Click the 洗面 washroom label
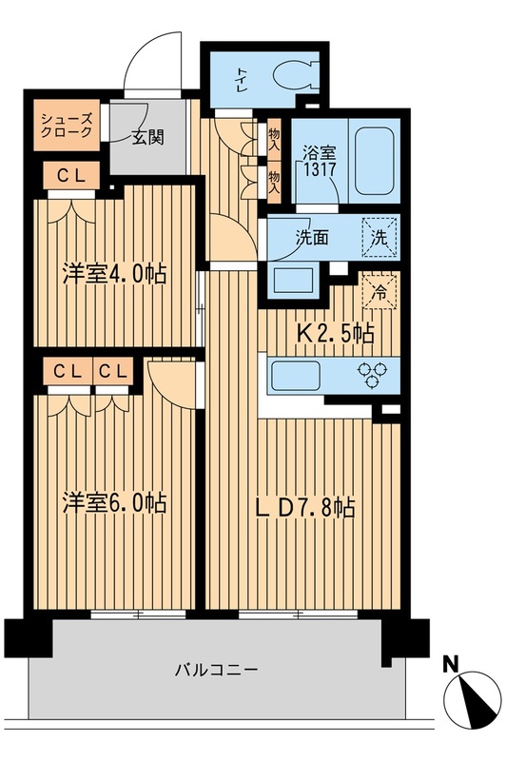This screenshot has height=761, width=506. tap(310, 238)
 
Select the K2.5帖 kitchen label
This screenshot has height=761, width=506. tap(337, 333)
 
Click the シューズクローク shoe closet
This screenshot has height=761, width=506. tap(66, 126)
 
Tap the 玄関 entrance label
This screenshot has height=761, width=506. tap(146, 137)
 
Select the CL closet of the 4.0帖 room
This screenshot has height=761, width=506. tap(68, 175)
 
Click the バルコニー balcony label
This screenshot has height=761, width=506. tap(216, 669)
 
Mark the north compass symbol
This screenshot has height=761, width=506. tap(472, 699)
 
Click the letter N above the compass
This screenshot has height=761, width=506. tap(453, 665)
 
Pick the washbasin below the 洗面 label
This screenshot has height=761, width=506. tap(292, 278)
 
